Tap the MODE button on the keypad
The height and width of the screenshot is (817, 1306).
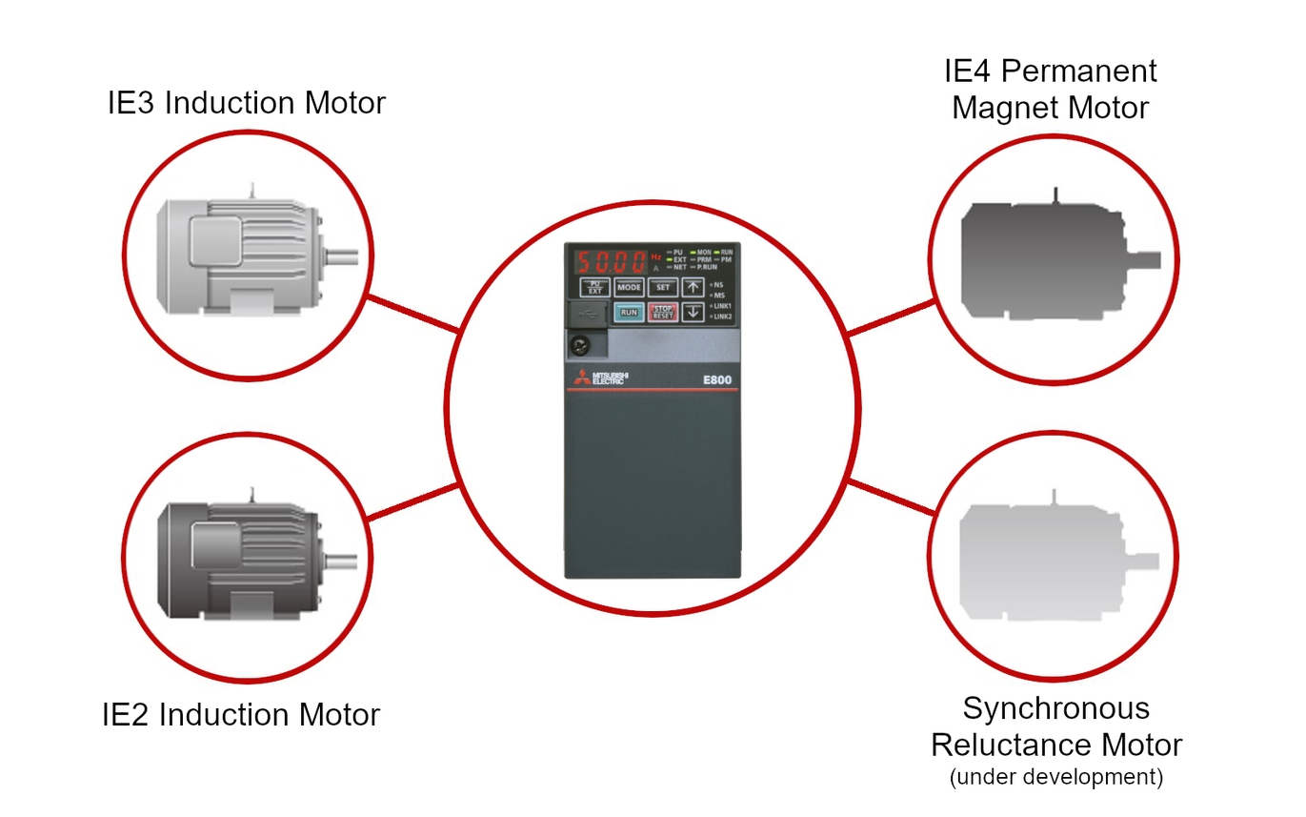point(629,286)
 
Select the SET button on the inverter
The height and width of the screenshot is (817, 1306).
point(662,286)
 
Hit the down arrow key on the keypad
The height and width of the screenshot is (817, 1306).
point(693,312)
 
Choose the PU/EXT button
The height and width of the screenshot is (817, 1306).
point(595,286)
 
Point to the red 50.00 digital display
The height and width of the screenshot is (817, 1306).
point(610,260)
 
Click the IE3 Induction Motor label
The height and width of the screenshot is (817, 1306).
point(247,103)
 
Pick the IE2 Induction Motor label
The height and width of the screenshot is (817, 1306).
point(241,714)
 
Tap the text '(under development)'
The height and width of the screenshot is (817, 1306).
point(1056,777)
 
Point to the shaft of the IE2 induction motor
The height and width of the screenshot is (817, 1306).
point(342,561)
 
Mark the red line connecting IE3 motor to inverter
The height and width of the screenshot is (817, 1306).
point(413,316)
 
